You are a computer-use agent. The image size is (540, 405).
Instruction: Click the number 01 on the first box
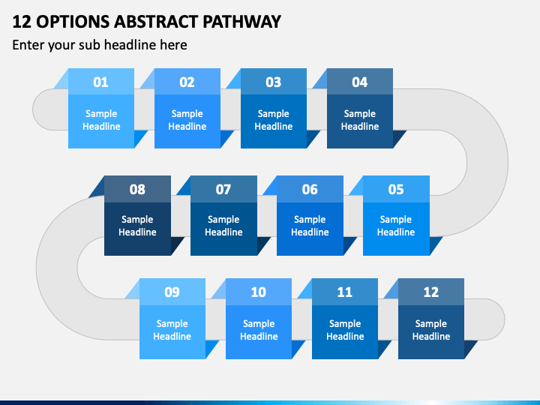click(100, 82)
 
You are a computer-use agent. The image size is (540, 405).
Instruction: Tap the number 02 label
click(187, 82)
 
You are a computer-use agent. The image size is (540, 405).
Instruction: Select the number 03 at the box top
click(274, 82)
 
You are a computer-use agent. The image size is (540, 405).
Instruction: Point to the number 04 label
click(359, 82)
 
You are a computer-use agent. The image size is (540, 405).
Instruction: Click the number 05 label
click(396, 190)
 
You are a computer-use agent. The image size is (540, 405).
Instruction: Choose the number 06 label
click(310, 190)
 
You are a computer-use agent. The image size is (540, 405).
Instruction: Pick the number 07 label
click(223, 190)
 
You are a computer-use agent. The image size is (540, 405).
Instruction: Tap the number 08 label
click(137, 190)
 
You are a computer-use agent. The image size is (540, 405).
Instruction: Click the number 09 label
click(172, 292)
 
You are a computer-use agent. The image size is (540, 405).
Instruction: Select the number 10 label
click(258, 292)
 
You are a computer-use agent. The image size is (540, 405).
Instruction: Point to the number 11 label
click(344, 292)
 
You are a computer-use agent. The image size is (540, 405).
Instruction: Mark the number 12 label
click(430, 292)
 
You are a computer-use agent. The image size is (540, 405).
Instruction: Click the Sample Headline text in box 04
click(360, 120)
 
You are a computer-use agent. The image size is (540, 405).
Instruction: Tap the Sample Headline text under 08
click(137, 226)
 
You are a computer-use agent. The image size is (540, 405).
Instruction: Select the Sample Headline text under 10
click(259, 330)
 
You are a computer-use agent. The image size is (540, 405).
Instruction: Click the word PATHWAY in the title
click(241, 22)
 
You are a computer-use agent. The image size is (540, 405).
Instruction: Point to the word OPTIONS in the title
click(73, 22)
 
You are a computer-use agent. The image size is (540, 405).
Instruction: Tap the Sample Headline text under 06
click(310, 226)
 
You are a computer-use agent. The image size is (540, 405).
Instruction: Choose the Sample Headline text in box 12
click(431, 330)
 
